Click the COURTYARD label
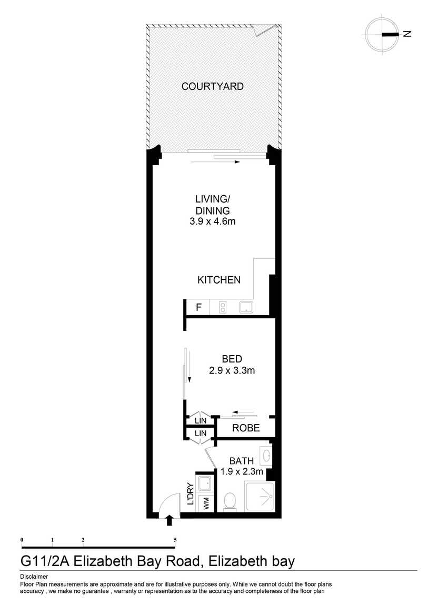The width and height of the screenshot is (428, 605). (212, 86)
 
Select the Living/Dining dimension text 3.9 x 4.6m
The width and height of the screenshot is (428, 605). (212, 221)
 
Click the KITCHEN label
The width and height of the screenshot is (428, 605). (219, 280)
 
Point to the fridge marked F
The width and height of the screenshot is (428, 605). (198, 308)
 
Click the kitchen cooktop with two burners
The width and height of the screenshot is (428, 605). (223, 308)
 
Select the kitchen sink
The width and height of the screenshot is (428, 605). (246, 308)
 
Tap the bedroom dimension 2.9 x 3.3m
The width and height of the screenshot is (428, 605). (232, 371)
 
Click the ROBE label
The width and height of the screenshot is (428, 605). (246, 428)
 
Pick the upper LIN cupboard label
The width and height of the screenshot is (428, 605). (200, 420)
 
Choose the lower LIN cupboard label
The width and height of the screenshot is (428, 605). (200, 433)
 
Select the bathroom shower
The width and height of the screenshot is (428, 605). (260, 496)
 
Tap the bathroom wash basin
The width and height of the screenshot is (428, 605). (266, 455)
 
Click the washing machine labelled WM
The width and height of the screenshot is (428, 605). (206, 503)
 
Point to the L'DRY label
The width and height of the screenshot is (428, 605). (190, 495)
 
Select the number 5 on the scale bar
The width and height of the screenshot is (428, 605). (175, 539)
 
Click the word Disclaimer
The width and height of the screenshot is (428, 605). (34, 577)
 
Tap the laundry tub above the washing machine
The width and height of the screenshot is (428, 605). (205, 483)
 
